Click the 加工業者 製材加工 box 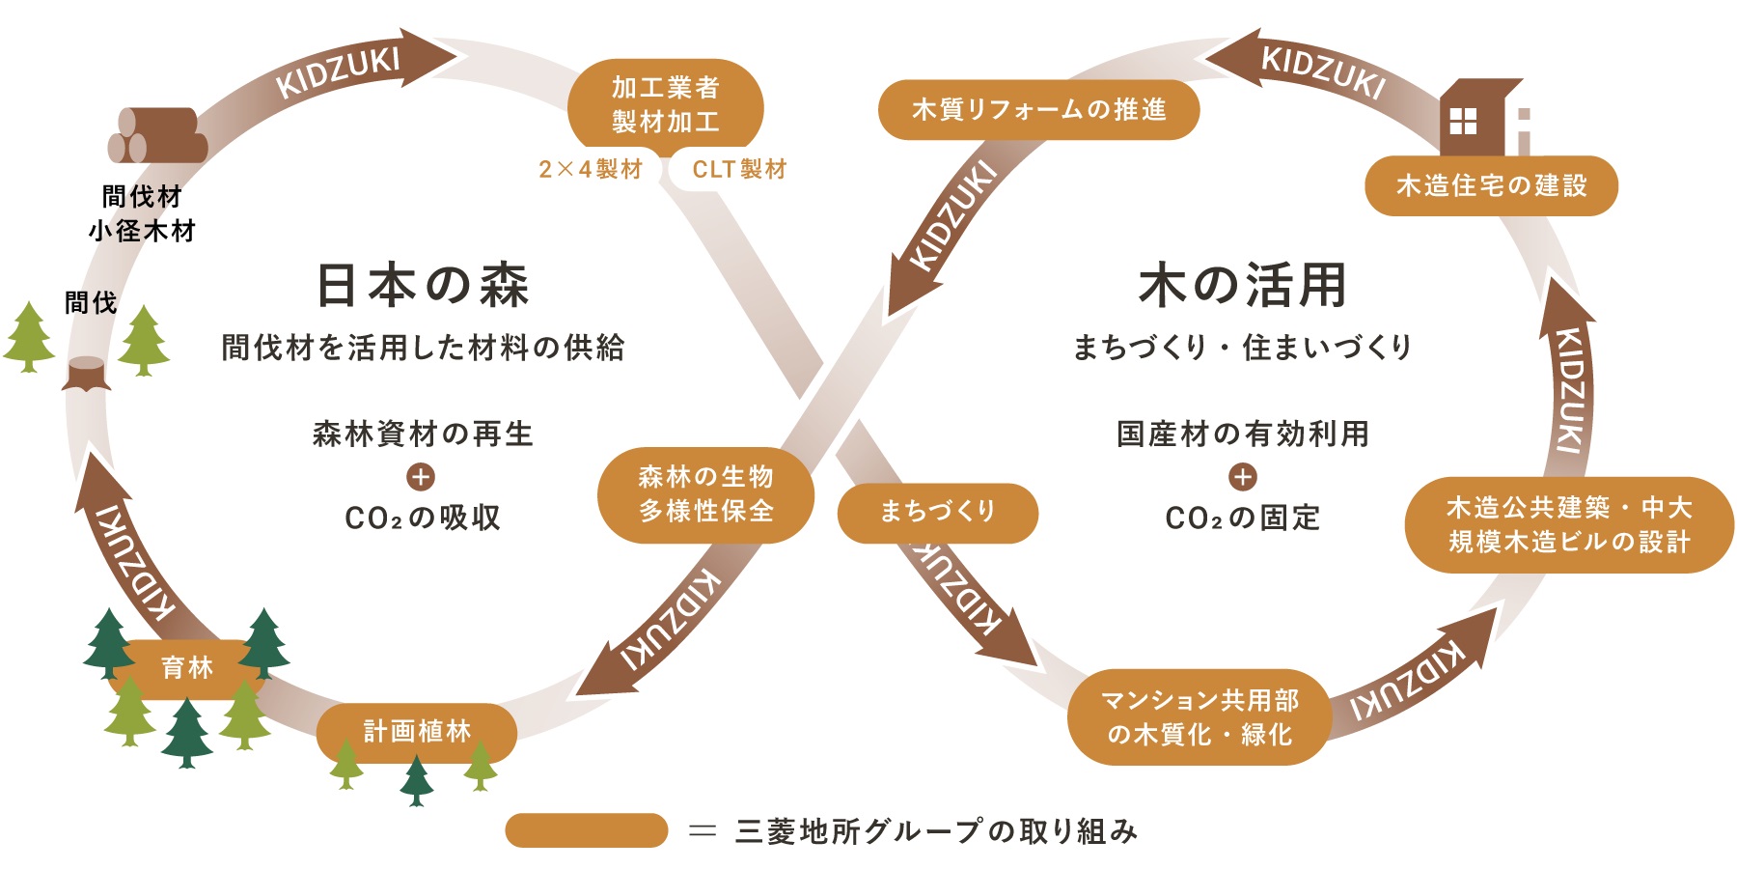coord(665,105)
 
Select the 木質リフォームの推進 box coord(1038,110)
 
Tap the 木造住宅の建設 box coord(1491,185)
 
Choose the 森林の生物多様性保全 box coord(705,494)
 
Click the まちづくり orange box coord(937,512)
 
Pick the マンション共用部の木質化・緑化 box coord(1199,717)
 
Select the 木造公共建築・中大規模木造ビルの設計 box coord(1568,525)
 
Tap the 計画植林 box coord(416,732)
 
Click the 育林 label coord(186,667)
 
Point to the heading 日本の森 coord(423,286)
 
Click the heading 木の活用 coord(1242,286)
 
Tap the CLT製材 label coord(739,170)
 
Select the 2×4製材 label coord(591,170)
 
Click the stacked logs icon coord(157,136)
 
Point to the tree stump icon coord(87,373)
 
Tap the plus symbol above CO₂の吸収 coord(421,477)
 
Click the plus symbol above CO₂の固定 coord(1242,477)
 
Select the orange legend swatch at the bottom coord(586,830)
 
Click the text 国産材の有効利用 coord(1242,434)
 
